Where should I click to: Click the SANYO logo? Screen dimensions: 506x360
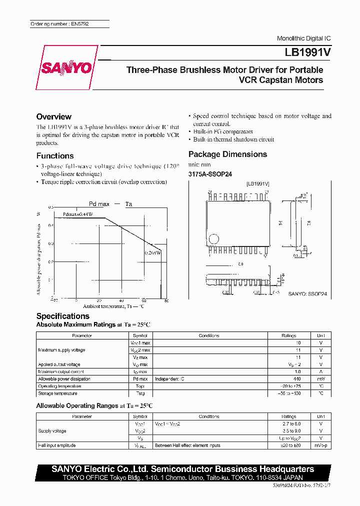click(66, 67)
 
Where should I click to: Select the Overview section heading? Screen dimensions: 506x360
click(54, 116)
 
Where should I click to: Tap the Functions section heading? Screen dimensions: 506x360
click(55, 155)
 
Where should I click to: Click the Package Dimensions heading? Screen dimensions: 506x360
click(227, 154)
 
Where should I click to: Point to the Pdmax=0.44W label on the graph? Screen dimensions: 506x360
click(78, 214)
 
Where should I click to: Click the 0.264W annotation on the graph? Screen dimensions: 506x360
click(152, 253)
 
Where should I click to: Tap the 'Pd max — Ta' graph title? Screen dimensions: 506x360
click(110, 204)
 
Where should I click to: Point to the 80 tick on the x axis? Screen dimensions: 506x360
click(166, 300)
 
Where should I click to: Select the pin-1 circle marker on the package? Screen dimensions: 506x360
click(214, 238)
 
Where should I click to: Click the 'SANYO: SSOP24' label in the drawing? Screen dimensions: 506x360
click(307, 294)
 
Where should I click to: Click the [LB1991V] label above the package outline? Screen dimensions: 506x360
click(257, 184)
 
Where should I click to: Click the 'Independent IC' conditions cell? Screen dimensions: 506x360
click(170, 379)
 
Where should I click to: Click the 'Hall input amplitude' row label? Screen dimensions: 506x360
click(57, 445)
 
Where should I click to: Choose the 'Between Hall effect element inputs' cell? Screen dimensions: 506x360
click(187, 445)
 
